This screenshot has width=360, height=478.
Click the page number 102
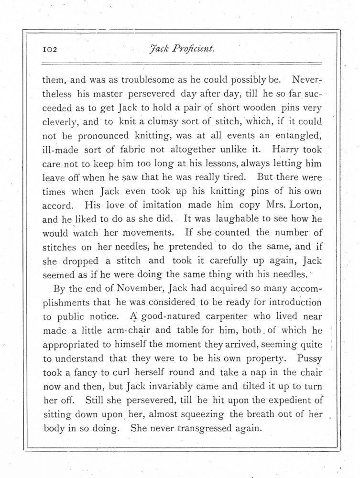click(50, 49)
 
